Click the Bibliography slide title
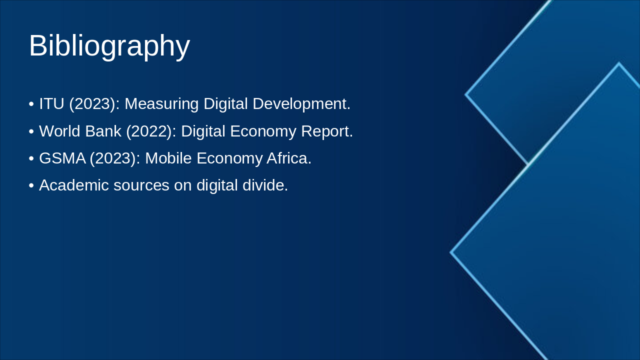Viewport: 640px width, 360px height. [109, 46]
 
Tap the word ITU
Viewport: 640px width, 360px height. [51, 104]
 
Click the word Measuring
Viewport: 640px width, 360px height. [161, 104]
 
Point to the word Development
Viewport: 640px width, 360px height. [301, 104]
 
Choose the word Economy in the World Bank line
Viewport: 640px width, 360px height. [263, 131]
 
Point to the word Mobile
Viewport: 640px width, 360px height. [168, 158]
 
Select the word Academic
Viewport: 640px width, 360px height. [74, 185]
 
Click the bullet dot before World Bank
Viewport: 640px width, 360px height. [31, 131]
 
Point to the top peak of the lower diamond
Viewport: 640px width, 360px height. [618, 63]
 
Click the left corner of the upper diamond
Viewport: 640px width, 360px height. [466, 94]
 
